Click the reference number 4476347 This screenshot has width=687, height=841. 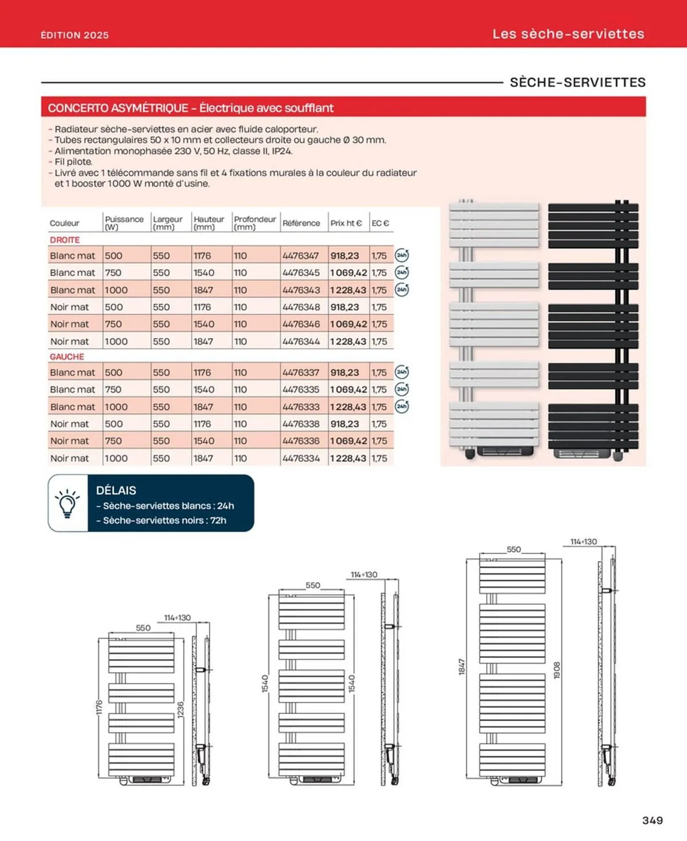pos(301,256)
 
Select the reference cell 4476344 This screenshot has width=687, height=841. pos(301,341)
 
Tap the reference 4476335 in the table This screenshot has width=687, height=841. pos(301,390)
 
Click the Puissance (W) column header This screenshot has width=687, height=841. pos(124,223)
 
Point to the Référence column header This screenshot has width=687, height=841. pos(301,223)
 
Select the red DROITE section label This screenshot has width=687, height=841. pos(65,240)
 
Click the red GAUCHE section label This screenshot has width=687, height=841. pos(67,357)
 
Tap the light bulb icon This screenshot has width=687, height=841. pos(67,503)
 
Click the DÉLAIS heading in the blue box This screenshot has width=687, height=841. pos(116,490)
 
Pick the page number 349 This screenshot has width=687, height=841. pos(653,820)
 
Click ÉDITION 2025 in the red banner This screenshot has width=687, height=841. pos(75,35)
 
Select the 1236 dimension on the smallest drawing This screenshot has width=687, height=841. pos(180,710)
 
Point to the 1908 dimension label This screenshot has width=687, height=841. pos(557,670)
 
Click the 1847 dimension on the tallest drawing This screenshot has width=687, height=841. pos(462,667)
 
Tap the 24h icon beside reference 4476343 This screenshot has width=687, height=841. pos(402,290)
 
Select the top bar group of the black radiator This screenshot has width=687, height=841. pos(593,225)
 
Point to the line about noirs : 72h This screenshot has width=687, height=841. pos(164,521)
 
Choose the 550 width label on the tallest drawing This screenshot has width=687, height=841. pos(513,550)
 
